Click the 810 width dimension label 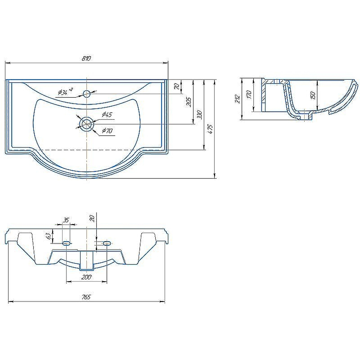click(86, 58)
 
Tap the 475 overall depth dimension click(211, 129)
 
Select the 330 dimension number click(199, 114)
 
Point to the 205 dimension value click(189, 102)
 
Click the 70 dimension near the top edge click(176, 86)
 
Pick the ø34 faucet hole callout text click(65, 92)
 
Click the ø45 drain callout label click(107, 114)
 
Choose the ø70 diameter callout click(107, 131)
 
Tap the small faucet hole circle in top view click(86, 94)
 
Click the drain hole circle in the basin click(86, 124)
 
